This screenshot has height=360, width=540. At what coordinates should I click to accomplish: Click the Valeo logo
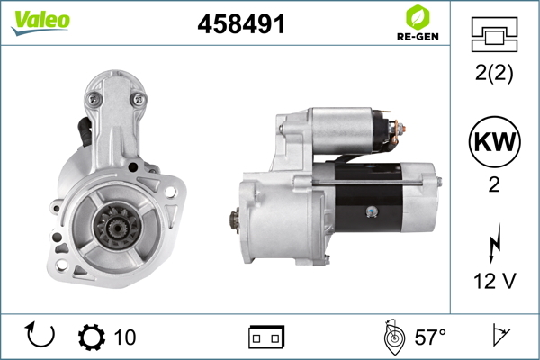coord(40,22)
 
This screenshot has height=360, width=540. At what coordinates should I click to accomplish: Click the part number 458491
coord(241,24)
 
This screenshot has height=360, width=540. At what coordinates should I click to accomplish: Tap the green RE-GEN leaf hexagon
coord(418,17)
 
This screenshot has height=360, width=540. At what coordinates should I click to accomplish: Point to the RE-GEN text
coord(418,37)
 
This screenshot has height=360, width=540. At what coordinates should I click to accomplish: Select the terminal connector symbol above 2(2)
coord(494,34)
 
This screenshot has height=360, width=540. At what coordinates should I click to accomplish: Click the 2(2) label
coord(494,73)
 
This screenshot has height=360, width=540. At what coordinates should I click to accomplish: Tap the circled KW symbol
coord(494,141)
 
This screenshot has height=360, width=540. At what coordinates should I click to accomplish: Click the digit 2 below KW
coord(494,184)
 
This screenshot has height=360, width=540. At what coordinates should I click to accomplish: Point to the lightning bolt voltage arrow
coord(494,243)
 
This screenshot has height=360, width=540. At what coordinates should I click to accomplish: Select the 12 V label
coord(494,281)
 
